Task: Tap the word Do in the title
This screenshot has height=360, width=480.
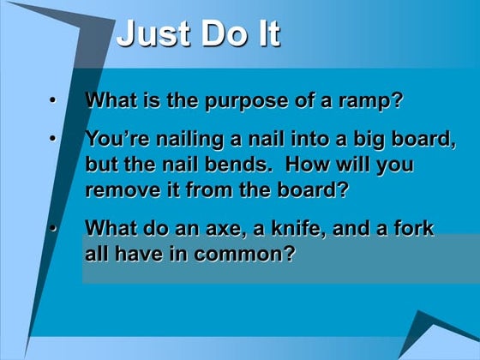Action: tap(222, 34)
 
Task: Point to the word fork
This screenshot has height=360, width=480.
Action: tap(413, 229)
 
